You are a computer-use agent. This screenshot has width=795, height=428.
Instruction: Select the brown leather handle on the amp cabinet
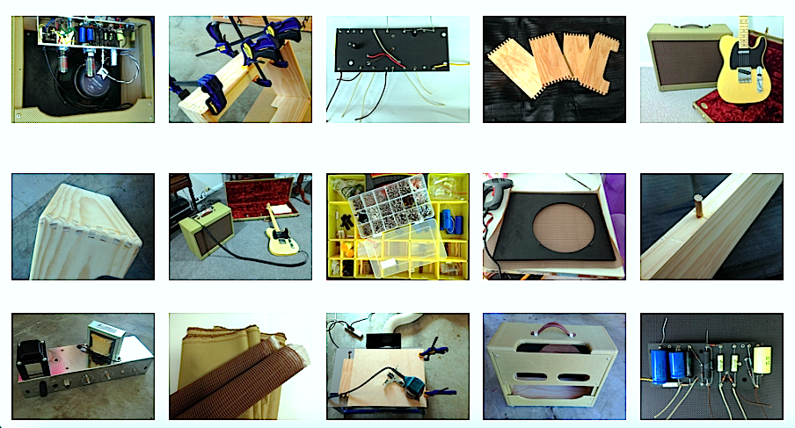pos(553,330)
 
